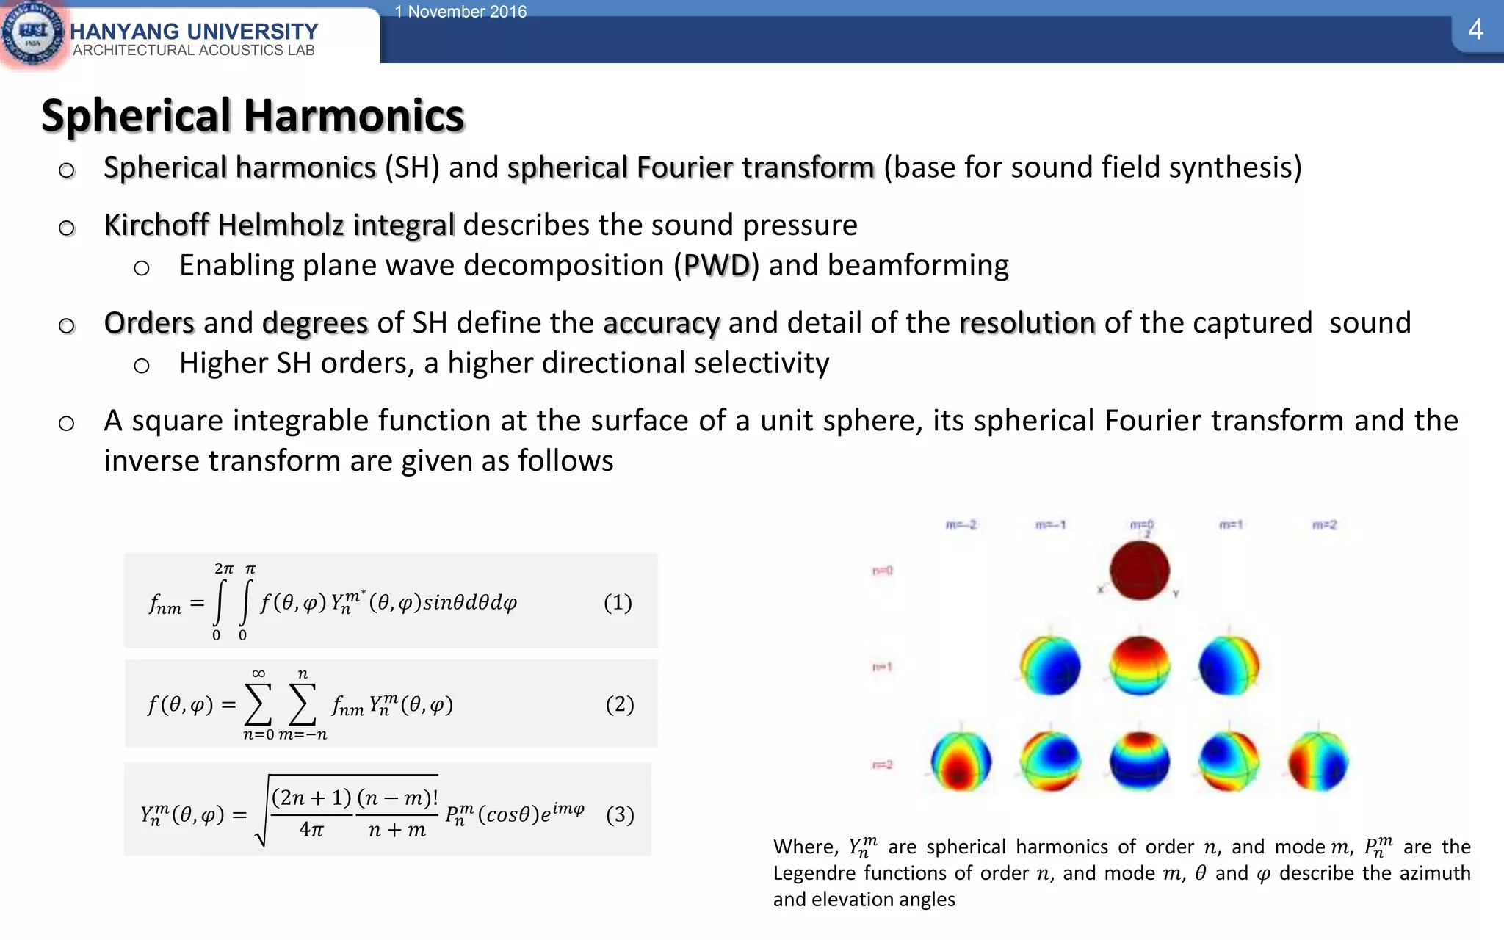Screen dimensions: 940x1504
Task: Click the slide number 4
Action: (x=1475, y=30)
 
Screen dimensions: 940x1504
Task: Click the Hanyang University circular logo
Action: (x=32, y=33)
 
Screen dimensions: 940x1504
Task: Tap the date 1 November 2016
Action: (x=460, y=11)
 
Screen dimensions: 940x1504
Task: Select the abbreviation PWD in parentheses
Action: (x=716, y=265)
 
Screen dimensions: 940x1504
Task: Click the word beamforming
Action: (x=918, y=265)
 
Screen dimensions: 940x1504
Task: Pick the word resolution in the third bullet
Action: (x=1027, y=323)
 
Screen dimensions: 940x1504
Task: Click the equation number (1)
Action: (x=618, y=602)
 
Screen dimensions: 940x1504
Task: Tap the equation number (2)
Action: (x=620, y=704)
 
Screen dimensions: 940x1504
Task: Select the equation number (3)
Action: (x=620, y=814)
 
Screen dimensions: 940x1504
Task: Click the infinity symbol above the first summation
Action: (x=258, y=673)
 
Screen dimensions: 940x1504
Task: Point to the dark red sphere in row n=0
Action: (x=1139, y=571)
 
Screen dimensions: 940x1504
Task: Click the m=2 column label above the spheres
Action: (x=1324, y=525)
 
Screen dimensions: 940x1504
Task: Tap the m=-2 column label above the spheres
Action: (x=961, y=525)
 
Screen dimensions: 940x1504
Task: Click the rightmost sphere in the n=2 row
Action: (x=1318, y=762)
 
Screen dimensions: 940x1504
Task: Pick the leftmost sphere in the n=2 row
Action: (x=961, y=762)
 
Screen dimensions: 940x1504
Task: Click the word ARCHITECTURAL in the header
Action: (x=124, y=51)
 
